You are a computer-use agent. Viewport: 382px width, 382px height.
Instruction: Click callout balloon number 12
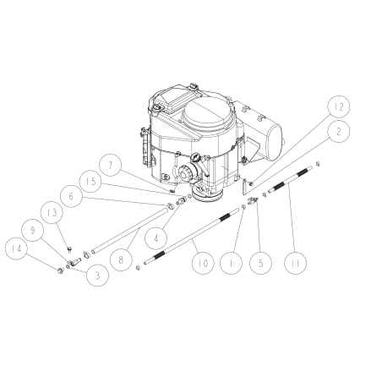pyautogui.click(x=338, y=107)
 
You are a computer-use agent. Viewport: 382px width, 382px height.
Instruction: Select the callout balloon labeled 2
pyautogui.click(x=338, y=132)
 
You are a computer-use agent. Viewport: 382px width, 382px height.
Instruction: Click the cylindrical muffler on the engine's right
pyautogui.click(x=269, y=134)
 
